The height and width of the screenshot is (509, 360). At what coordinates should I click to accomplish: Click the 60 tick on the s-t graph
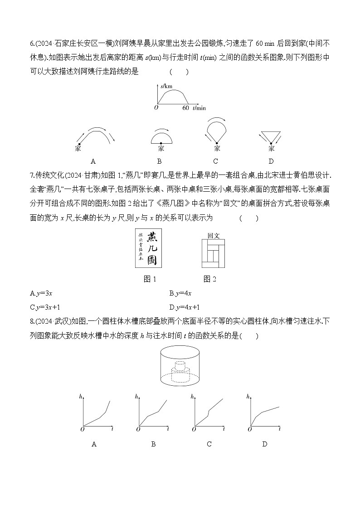pos(185,108)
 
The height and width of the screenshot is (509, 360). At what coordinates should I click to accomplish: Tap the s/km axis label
pos(167,86)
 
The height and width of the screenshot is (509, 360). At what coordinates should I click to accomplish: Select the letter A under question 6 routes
pos(93,161)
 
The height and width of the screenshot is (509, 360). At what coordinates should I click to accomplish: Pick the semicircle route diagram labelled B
pos(161,136)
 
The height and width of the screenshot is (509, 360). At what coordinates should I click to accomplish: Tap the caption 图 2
pos(210,279)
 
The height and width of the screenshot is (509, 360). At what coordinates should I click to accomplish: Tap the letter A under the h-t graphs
pos(94,444)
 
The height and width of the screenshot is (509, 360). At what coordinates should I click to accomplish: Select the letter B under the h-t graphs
pos(153,444)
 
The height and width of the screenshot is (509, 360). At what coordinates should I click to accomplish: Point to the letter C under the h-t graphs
pos(209,444)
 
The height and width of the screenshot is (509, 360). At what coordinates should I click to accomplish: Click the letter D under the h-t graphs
pos(265,444)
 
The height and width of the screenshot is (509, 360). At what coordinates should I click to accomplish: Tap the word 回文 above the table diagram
pos(214,236)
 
